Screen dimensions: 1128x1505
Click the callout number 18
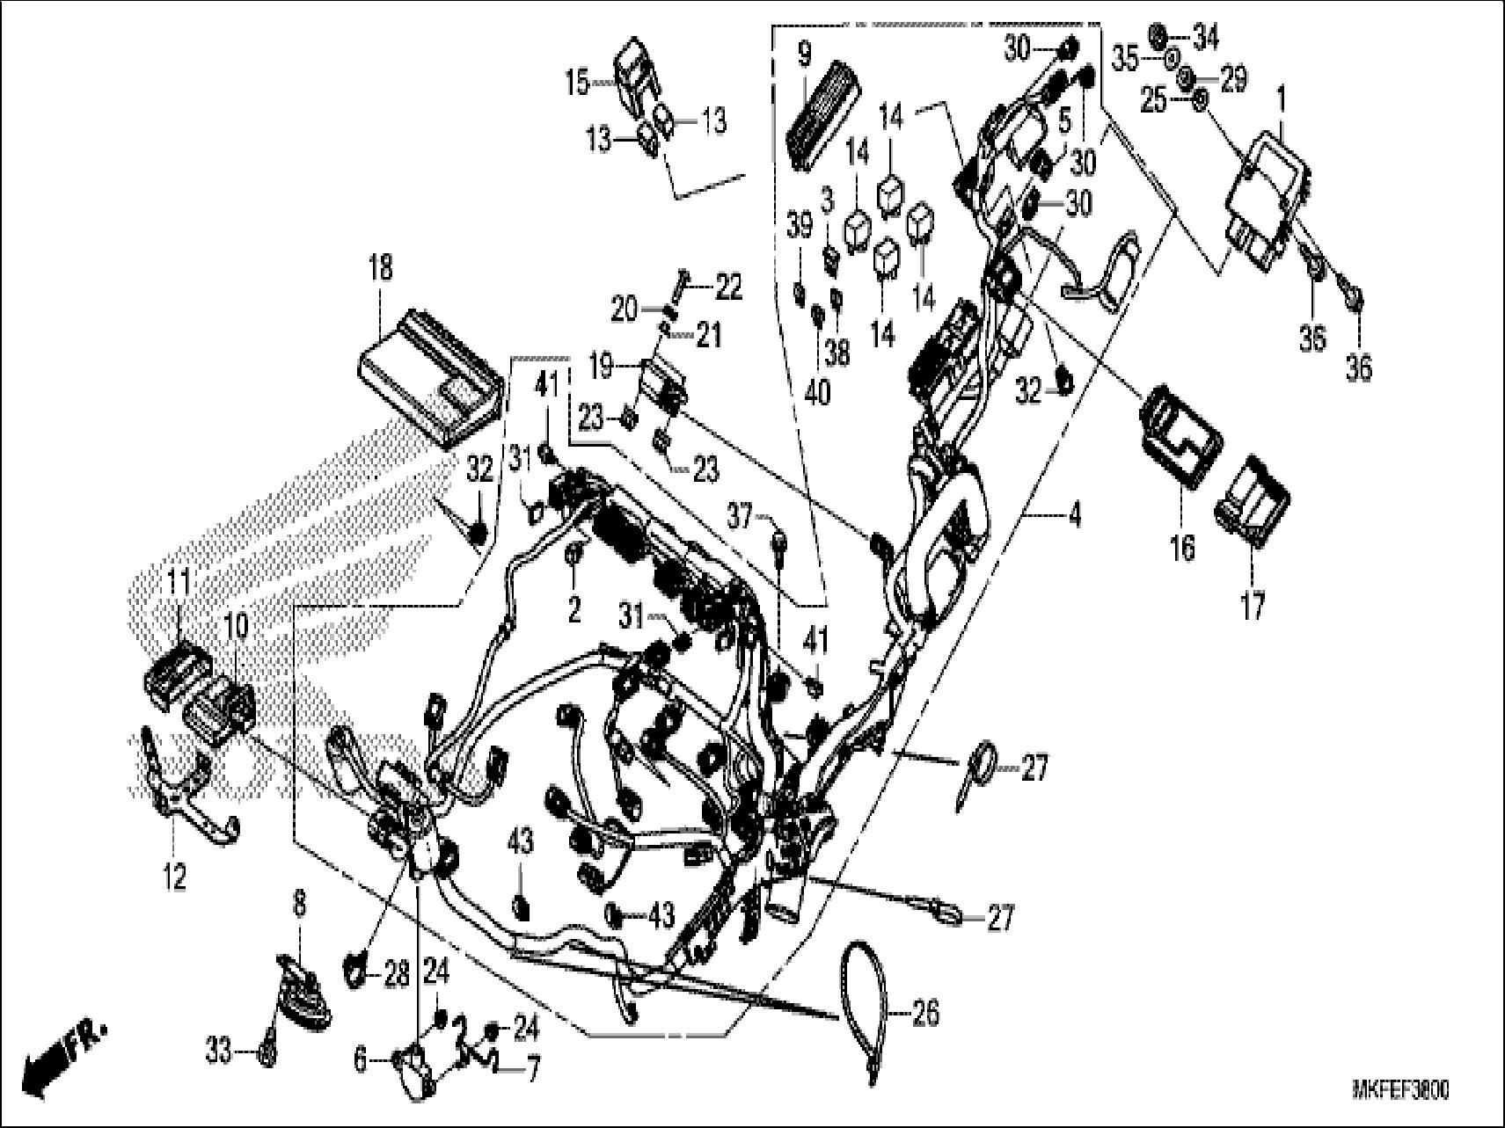(380, 267)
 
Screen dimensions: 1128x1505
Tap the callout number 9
(803, 55)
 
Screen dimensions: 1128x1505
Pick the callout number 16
(1183, 549)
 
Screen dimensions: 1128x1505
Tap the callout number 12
(175, 876)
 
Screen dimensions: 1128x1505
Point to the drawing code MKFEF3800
(1400, 1091)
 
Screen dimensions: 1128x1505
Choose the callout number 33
(220, 1048)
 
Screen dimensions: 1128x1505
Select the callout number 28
(396, 974)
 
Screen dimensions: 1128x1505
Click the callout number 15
(577, 84)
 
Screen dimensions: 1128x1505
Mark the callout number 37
(741, 517)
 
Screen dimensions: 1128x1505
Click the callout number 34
(1206, 38)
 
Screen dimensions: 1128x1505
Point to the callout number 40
(817, 392)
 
